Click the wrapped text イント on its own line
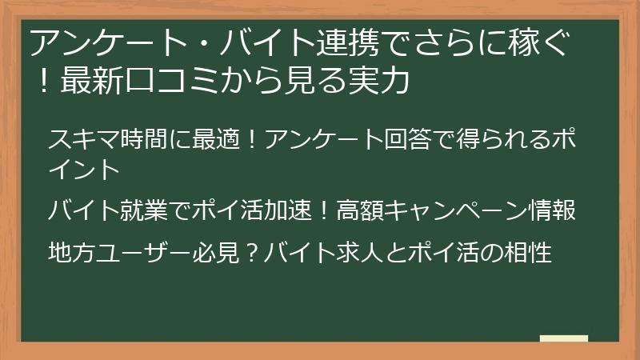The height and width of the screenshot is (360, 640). coord(83,169)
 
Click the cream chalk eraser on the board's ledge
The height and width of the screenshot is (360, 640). coord(564,338)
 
